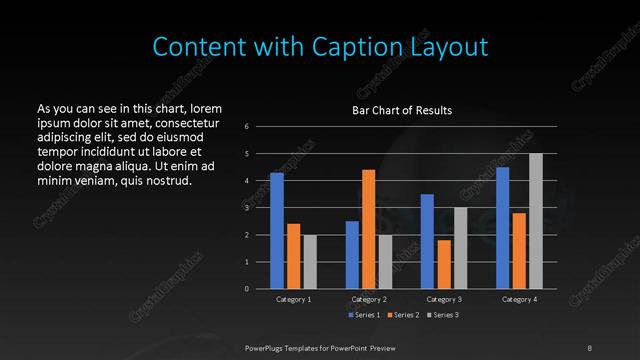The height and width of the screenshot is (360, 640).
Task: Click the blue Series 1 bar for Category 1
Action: (x=277, y=231)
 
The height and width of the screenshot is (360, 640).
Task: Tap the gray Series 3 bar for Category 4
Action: (x=535, y=221)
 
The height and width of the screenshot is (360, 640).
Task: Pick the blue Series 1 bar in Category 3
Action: (x=428, y=241)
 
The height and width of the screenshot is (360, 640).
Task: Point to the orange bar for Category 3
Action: (x=443, y=264)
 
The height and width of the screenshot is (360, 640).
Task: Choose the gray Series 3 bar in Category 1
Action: (x=309, y=262)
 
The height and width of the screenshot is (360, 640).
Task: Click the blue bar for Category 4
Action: (x=503, y=228)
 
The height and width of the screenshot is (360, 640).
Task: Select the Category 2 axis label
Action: (x=369, y=299)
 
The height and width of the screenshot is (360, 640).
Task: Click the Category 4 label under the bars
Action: (x=519, y=299)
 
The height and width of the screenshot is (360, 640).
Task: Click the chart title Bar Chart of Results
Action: (x=403, y=110)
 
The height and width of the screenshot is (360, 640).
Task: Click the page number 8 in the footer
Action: (x=590, y=347)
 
